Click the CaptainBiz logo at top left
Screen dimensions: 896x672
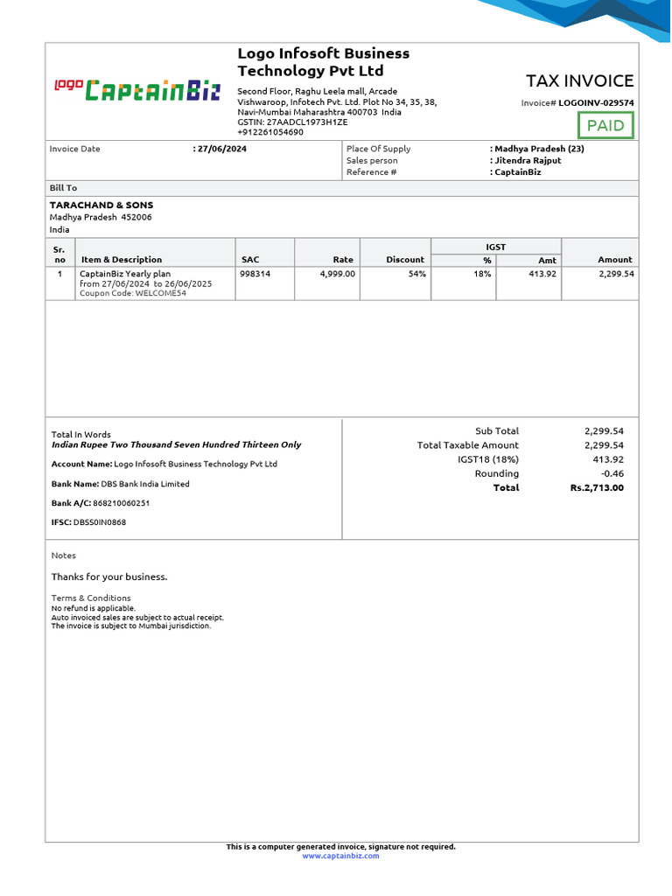[137, 89]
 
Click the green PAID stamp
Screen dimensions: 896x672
[605, 125]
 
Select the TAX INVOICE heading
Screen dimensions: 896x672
[579, 80]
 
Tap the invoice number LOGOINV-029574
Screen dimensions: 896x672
[597, 102]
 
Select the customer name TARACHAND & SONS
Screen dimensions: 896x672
[101, 205]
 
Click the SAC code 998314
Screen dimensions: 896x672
[255, 274]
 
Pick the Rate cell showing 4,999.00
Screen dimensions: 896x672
[338, 274]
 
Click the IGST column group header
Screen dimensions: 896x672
[495, 247]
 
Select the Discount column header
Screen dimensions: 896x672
[405, 259]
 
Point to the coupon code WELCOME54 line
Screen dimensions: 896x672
[133, 293]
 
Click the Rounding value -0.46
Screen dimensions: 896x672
[612, 473]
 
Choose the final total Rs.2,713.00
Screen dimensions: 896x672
[597, 487]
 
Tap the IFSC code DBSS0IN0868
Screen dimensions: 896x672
[100, 522]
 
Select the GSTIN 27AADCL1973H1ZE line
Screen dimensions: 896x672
[292, 122]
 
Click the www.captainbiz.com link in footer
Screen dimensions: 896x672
[341, 856]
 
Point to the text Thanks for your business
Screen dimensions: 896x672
[109, 577]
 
